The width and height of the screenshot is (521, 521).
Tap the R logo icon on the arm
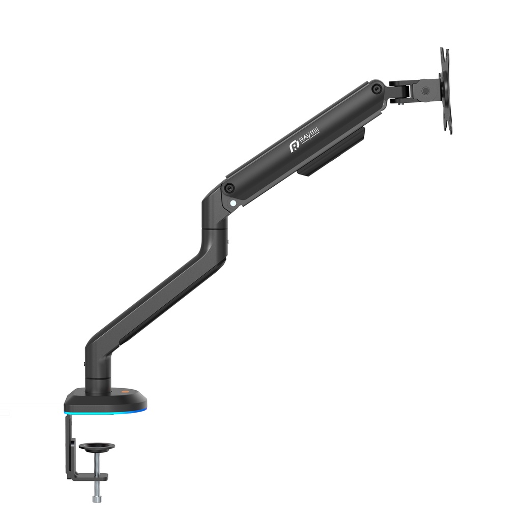[295, 147]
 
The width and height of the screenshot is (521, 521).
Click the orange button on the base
[125, 392]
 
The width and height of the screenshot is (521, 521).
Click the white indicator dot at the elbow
[233, 202]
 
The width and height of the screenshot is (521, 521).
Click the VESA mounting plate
[446, 91]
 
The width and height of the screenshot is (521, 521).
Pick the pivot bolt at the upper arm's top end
[376, 88]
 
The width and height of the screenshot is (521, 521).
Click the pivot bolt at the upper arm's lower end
[228, 188]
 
